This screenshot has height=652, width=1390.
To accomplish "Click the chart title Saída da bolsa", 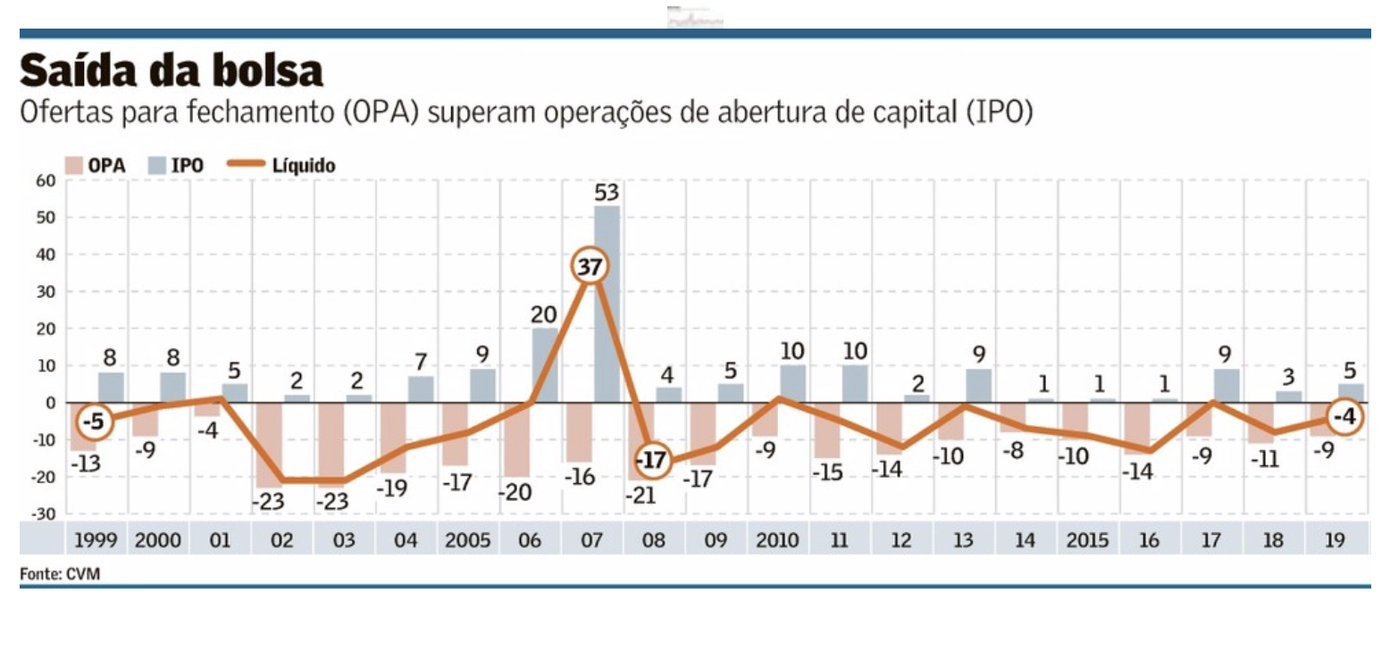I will click(171, 71).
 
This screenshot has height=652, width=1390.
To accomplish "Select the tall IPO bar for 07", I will click(607, 304).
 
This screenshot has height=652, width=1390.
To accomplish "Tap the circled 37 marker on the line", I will click(589, 267).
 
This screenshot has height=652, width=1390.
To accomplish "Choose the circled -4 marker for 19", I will click(1345, 417).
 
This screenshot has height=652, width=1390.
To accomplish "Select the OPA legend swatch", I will click(74, 165).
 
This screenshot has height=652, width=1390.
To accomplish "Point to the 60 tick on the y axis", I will click(46, 180).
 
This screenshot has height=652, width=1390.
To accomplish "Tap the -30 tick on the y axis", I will click(45, 514).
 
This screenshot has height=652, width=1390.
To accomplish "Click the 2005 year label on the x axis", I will click(467, 540).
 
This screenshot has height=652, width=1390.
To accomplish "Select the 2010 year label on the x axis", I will click(777, 540).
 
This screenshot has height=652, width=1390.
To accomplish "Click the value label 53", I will click(607, 192).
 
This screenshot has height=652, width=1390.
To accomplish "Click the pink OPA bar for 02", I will click(269, 445).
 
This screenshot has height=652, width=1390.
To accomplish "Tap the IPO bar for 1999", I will click(111, 388).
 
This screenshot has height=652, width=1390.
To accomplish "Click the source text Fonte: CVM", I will click(60, 574).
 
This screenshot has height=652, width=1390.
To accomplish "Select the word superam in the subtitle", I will click(475, 114).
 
